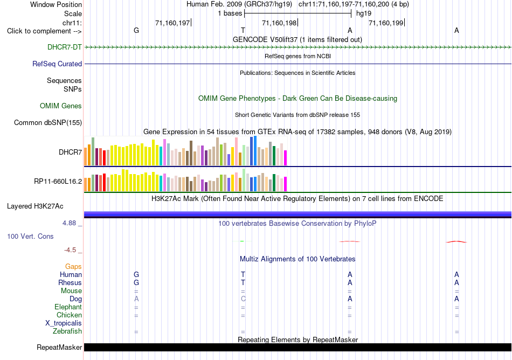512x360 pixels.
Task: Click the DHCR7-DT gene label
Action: click(x=64, y=47)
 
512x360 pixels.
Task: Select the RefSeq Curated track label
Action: click(x=57, y=64)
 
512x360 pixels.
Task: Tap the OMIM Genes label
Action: click(x=60, y=106)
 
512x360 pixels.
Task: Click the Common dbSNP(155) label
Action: click(x=47, y=123)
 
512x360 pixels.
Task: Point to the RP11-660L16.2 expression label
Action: click(x=58, y=182)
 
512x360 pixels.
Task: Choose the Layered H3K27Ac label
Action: click(x=35, y=206)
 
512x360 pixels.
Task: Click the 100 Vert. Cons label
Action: click(x=30, y=236)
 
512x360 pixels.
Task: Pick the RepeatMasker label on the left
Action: click(x=59, y=347)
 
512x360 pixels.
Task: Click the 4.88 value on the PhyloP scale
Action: click(x=69, y=223)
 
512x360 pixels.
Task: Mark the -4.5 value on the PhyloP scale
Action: click(x=70, y=250)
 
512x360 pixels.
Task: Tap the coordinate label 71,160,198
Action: click(x=279, y=23)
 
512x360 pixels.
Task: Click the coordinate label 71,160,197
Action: click(x=172, y=23)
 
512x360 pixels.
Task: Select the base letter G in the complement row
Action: click(x=136, y=30)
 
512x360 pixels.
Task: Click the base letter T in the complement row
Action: click(x=243, y=30)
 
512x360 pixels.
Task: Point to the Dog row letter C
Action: click(x=243, y=299)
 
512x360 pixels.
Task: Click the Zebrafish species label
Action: click(x=67, y=331)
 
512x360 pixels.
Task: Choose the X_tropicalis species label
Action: click(x=64, y=323)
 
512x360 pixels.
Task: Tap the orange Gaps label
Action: click(x=73, y=267)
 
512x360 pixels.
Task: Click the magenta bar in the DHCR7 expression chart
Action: click(x=286, y=158)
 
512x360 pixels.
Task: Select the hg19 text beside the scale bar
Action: click(x=364, y=13)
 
